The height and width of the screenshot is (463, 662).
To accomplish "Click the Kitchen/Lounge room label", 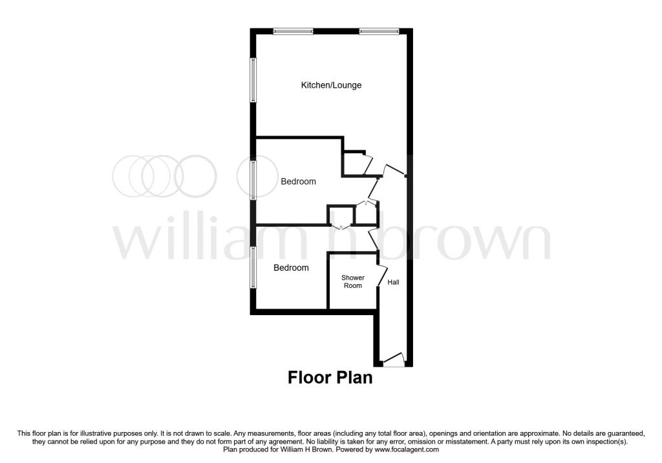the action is coord(331,85).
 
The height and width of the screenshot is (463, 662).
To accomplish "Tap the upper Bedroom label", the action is coord(298,181).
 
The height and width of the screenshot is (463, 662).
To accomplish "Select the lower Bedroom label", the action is coord(291,268).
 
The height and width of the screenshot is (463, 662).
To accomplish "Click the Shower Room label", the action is coord(352,282).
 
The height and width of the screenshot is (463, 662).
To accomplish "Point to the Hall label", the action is coord(393,282).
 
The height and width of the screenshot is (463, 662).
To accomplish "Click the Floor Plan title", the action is coord(330,377).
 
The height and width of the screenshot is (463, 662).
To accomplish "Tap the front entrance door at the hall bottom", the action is coord(393,359).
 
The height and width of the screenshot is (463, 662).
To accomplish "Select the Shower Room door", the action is coord(382,276).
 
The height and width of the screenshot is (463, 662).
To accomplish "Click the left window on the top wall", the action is coord(293,31).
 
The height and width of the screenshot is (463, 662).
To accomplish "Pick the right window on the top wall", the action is coord(379,31).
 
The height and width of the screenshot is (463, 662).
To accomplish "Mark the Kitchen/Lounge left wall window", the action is coord(253,79).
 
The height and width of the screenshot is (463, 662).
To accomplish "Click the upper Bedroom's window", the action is coord(253,180).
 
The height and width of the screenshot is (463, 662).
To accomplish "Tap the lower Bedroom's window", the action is coord(253,267).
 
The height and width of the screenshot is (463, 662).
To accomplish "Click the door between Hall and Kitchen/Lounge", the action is coord(394,170).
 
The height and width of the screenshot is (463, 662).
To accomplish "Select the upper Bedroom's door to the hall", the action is coord(373,189).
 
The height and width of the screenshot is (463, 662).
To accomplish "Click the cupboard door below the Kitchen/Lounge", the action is coord(367,165).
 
